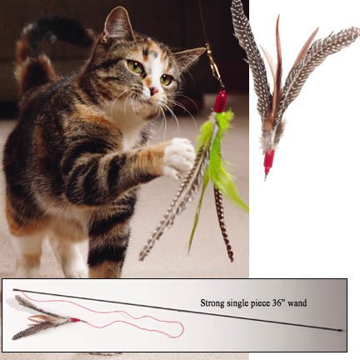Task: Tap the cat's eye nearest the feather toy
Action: (167, 79)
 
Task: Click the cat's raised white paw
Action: (177, 156)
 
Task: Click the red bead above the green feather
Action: (221, 102)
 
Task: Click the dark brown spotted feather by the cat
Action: (222, 225)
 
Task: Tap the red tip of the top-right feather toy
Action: (269, 162)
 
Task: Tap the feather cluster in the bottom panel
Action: (46, 321)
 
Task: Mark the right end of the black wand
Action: (340, 330)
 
